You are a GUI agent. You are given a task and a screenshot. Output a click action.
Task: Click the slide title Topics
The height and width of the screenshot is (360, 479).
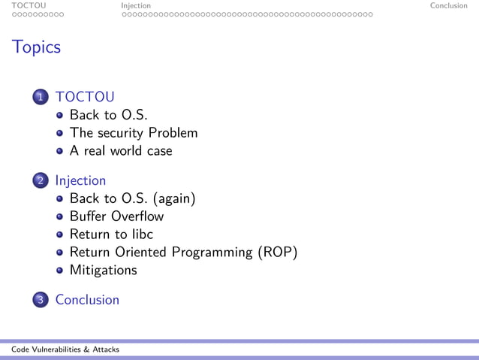click(x=36, y=47)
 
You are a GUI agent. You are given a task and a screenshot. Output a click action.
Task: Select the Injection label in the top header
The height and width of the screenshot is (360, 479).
click(x=136, y=5)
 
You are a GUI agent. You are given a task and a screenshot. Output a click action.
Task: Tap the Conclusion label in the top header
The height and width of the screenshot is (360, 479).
click(x=448, y=5)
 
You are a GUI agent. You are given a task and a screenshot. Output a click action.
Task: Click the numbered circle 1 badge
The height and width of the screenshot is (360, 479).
click(x=41, y=97)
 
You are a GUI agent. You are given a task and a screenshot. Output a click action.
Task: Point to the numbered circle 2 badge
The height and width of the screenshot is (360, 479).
click(x=41, y=181)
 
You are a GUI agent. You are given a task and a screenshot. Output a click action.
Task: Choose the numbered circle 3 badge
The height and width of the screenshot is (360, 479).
click(x=41, y=300)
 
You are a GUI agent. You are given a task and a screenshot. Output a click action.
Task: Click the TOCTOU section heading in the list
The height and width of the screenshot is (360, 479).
click(x=84, y=96)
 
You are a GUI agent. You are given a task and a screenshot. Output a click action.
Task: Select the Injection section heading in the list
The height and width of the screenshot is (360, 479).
click(x=80, y=180)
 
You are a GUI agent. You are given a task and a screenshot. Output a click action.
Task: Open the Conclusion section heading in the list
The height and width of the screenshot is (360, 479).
click(x=87, y=299)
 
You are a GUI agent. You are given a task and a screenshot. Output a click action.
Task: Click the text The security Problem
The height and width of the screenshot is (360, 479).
click(x=134, y=133)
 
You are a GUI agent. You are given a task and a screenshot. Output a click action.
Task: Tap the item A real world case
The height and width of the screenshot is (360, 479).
click(x=121, y=150)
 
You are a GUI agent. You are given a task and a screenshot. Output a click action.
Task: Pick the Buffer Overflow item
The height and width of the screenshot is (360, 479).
click(x=116, y=216)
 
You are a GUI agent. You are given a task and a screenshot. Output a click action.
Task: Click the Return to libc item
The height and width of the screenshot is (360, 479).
click(x=111, y=234)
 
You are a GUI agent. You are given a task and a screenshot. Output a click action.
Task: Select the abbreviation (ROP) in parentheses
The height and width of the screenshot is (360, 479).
click(x=278, y=252)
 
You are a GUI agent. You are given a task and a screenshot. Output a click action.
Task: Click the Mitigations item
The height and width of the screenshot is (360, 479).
click(x=104, y=269)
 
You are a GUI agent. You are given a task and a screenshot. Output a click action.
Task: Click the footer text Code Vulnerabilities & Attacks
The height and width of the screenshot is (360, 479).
click(x=65, y=349)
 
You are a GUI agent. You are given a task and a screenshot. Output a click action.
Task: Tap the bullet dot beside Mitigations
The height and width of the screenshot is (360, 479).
click(x=60, y=270)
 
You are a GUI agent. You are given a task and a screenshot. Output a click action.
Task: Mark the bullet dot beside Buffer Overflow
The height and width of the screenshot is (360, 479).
click(x=60, y=217)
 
